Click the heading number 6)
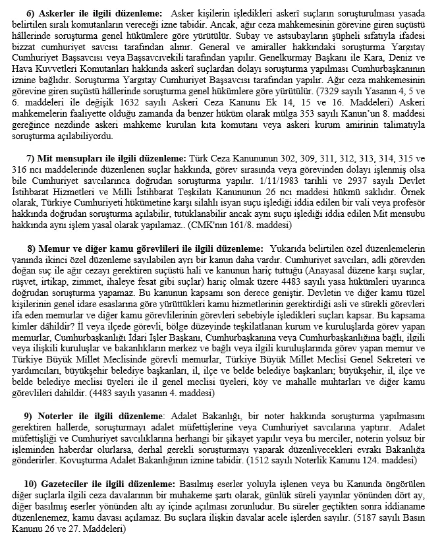(x=30, y=13)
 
